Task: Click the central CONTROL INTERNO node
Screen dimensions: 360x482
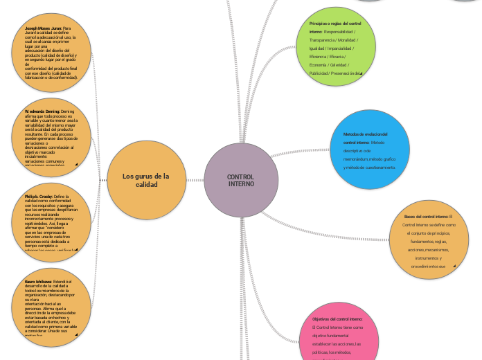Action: (241, 180)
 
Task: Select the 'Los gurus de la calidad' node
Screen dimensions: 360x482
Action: (145, 180)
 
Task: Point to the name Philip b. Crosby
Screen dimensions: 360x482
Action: (39, 197)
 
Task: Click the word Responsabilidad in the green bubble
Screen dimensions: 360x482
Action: (339, 32)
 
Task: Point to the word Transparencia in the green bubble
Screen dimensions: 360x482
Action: (324, 40)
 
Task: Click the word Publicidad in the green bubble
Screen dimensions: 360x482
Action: (319, 73)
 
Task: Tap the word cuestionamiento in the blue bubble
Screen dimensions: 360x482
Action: (379, 167)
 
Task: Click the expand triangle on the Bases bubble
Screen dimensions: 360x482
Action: (454, 266)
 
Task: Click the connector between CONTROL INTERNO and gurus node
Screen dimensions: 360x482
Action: (196, 181)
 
